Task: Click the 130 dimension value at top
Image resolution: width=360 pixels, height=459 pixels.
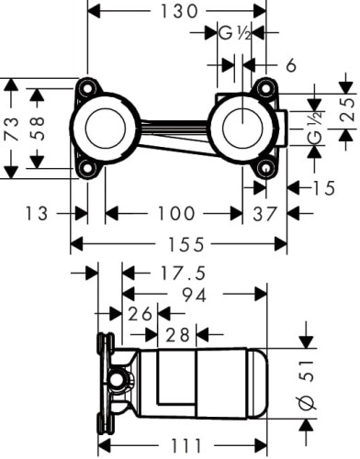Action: [x=174, y=12]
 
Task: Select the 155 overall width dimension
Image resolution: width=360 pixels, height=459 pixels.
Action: [x=179, y=244]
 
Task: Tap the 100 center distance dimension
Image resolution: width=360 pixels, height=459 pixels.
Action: [x=174, y=214]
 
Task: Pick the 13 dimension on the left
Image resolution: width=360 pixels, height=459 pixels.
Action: [x=38, y=214]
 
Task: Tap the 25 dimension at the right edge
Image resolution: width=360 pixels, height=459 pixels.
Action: [x=346, y=109]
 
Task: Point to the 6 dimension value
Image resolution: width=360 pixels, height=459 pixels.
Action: [x=290, y=65]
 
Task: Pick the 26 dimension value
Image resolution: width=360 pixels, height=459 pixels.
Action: [x=142, y=314]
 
